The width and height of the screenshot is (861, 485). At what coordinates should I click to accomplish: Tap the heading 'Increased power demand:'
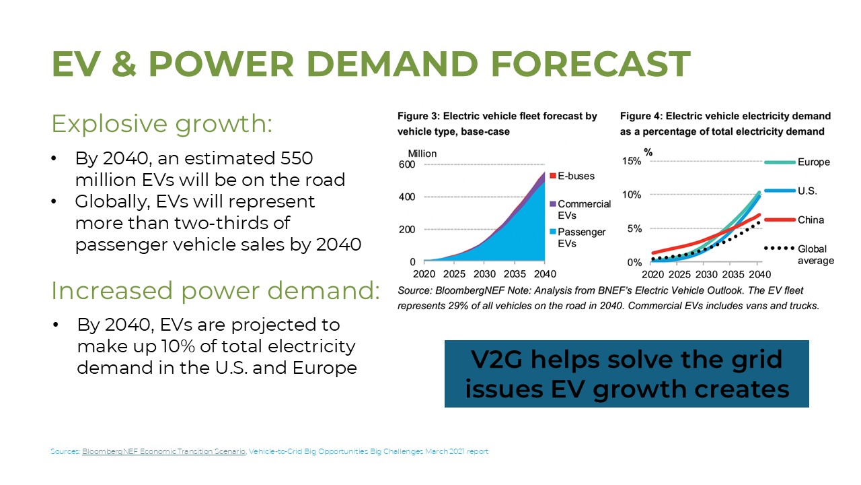click(x=215, y=290)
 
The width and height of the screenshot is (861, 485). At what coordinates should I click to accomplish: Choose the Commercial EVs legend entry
click(x=583, y=209)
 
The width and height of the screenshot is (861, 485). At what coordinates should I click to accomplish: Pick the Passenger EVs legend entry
click(x=580, y=237)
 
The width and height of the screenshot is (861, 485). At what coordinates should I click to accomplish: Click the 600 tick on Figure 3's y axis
click(x=407, y=165)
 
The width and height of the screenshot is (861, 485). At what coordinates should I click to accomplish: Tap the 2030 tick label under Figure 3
click(x=483, y=274)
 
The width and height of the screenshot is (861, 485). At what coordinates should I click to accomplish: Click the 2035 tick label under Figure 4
click(x=733, y=274)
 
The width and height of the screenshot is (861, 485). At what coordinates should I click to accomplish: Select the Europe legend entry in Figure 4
click(x=813, y=162)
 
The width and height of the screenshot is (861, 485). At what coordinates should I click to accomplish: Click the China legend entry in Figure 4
click(x=811, y=220)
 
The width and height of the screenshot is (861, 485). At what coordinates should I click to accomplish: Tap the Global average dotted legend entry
click(x=814, y=255)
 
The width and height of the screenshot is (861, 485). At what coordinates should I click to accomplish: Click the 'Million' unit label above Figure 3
click(x=422, y=154)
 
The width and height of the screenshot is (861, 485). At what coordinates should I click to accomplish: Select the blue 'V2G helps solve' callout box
click(x=626, y=374)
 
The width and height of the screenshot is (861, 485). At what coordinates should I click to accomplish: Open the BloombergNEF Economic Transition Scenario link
click(x=164, y=451)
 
